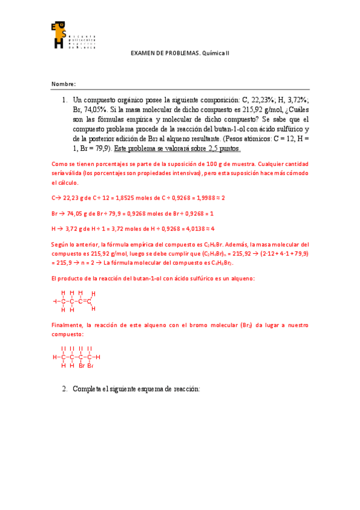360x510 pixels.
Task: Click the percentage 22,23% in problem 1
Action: (x=263, y=100)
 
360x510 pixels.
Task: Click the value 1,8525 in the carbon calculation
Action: (x=133, y=197)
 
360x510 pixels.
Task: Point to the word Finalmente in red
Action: (x=67, y=325)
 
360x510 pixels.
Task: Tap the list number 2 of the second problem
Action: (x=64, y=389)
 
